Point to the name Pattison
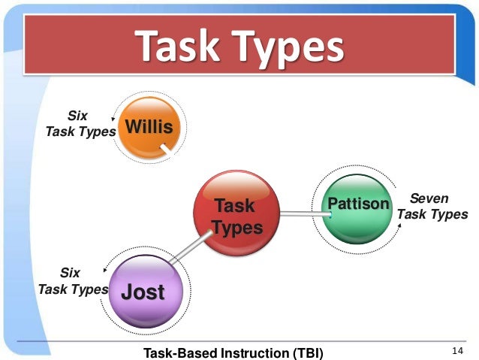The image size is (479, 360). tap(358, 204)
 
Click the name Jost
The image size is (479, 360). tap(143, 292)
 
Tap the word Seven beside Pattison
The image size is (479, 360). tap(429, 198)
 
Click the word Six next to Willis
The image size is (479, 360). tap(77, 116)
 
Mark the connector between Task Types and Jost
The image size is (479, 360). tap(188, 249)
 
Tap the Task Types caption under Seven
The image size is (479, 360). tap(432, 215)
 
